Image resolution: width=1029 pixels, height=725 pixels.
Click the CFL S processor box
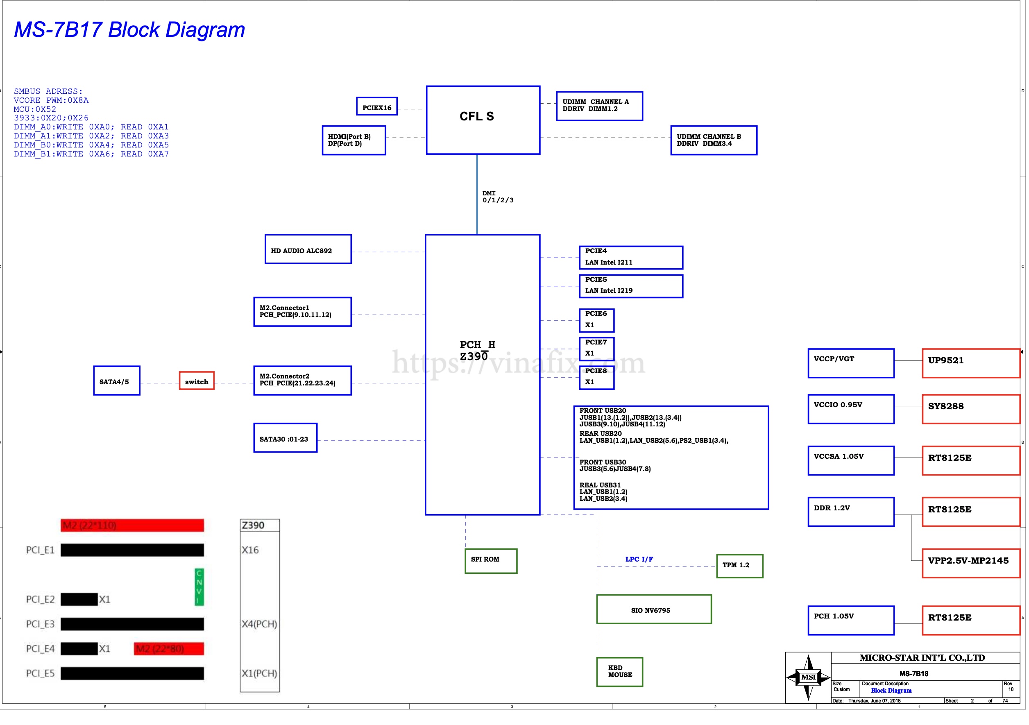483,120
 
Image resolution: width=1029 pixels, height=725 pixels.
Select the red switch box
196,381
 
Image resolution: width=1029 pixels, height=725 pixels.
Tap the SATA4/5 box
116,381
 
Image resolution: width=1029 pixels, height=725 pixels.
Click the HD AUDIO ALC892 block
308,249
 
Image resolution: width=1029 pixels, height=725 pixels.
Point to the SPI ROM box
491,561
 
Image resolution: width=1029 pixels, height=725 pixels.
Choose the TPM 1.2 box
739,566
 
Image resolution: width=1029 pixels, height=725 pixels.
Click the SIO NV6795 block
653,609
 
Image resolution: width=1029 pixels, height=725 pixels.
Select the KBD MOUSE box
619,672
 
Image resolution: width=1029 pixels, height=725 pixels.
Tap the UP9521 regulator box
970,363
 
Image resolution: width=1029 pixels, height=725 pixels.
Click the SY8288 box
970,409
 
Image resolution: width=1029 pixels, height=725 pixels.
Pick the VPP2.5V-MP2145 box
970,563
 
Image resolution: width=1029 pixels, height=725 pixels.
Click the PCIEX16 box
376,106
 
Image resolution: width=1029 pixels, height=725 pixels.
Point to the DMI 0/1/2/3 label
497,197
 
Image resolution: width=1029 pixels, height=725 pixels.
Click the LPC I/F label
639,559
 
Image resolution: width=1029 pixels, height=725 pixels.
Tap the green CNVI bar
199,587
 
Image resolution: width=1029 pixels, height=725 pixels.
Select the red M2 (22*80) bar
168,648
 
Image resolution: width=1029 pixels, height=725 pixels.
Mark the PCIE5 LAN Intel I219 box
630,286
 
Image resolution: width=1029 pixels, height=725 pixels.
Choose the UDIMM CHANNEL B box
714,140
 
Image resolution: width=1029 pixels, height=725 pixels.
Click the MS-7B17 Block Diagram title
129,29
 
